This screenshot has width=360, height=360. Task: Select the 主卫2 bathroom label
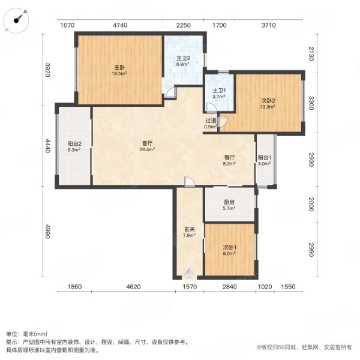click(x=184, y=60)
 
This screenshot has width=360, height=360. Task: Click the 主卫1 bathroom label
click(x=217, y=93)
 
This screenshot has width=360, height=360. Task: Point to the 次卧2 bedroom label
click(x=267, y=103)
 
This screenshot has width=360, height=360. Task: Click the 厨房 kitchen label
click(x=229, y=205)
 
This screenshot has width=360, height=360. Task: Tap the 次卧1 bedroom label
click(x=229, y=250)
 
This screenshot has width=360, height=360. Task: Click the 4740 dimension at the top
click(x=120, y=25)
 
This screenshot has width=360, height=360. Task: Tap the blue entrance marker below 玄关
click(x=189, y=273)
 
